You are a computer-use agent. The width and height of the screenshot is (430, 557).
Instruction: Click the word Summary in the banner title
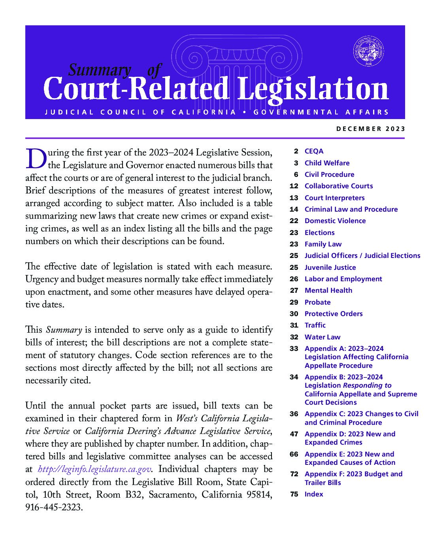click(x=99, y=70)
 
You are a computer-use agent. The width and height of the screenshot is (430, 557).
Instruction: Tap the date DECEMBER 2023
click(x=371, y=129)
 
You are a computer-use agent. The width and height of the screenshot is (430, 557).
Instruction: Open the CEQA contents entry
click(x=314, y=151)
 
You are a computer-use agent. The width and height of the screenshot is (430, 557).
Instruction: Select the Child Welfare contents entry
click(x=327, y=163)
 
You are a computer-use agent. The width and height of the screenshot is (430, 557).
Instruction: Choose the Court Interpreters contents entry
click(x=334, y=198)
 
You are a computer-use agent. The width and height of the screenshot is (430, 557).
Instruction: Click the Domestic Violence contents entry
click(x=335, y=221)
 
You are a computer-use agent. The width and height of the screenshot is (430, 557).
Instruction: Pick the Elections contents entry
click(x=319, y=233)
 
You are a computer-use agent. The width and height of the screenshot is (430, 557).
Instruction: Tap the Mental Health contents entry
click(x=328, y=290)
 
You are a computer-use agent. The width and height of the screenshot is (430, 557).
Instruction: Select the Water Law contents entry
click(x=322, y=337)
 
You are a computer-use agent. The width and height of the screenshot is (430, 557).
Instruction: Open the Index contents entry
click(x=313, y=494)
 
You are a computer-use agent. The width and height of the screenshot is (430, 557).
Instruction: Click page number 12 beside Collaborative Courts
click(x=294, y=186)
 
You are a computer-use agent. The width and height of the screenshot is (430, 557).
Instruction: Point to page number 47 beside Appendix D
click(x=294, y=434)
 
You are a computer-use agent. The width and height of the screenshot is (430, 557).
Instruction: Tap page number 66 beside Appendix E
click(x=294, y=454)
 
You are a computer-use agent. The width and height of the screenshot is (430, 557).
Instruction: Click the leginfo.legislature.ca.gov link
click(x=94, y=470)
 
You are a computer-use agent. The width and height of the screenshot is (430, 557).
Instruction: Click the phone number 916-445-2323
click(x=54, y=507)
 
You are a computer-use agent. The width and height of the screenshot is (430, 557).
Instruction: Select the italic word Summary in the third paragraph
click(x=64, y=330)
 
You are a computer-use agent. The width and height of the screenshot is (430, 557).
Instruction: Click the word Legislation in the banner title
click(x=313, y=89)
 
